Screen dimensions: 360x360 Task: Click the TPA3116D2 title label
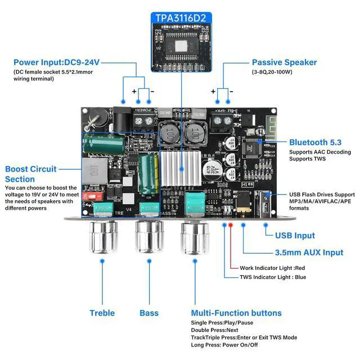tap(179, 18)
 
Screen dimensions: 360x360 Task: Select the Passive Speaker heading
tap(284, 62)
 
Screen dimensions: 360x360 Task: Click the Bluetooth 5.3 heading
tap(315, 142)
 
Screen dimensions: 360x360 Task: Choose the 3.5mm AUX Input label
tap(309, 253)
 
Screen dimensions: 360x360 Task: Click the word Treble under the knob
tap(102, 313)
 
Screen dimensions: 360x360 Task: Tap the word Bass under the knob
tap(149, 313)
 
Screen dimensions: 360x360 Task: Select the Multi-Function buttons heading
tap(236, 313)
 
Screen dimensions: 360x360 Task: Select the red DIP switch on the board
tap(92, 196)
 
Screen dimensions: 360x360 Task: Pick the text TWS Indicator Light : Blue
tap(273, 277)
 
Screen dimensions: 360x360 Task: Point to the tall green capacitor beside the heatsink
tap(149, 174)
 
